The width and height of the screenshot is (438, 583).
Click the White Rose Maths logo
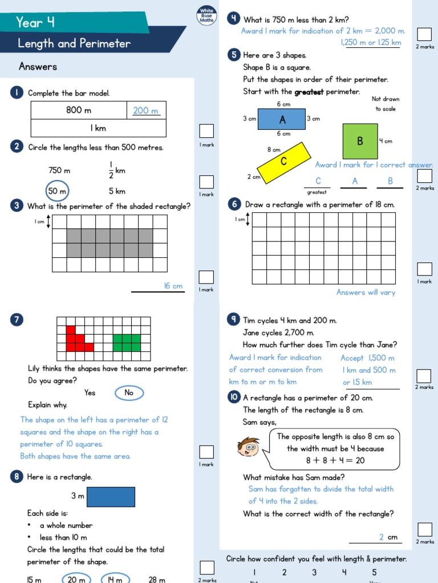tap(206, 15)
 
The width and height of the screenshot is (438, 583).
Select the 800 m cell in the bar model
tap(79, 110)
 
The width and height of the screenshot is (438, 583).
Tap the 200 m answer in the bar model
tap(145, 111)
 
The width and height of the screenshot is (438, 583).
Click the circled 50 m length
tap(57, 191)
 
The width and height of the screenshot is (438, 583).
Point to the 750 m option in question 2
tap(59, 170)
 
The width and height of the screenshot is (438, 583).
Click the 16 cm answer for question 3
tap(173, 286)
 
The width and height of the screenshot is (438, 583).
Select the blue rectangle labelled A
tap(282, 120)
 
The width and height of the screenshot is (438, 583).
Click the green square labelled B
tap(360, 141)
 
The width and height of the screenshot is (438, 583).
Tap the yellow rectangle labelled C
tap(284, 161)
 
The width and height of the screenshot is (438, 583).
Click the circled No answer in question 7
tap(129, 393)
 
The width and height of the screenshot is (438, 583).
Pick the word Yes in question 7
tap(90, 393)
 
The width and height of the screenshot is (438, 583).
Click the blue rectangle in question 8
tap(111, 496)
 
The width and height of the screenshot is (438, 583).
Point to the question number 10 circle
tap(234, 397)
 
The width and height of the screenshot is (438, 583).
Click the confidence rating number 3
tap(314, 572)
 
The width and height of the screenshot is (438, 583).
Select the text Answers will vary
tap(366, 293)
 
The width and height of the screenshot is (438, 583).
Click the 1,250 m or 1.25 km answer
tap(371, 43)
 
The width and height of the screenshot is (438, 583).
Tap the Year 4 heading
tap(35, 22)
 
